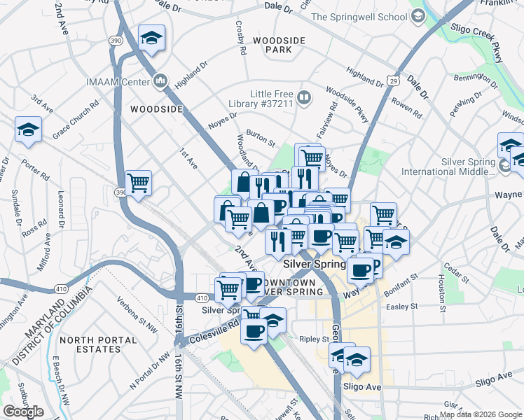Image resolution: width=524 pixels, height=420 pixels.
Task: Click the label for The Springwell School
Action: click(x=359, y=17)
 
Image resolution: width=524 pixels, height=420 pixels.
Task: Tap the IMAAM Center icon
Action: click(x=161, y=82)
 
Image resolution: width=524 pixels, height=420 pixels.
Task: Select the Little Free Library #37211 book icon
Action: click(x=304, y=98)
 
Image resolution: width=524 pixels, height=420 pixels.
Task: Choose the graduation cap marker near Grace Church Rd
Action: click(x=28, y=129)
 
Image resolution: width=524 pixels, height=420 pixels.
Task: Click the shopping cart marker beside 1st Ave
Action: click(x=139, y=183)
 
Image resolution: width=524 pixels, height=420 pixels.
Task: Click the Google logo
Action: click(x=23, y=411)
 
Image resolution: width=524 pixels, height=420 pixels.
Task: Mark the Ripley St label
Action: click(x=315, y=339)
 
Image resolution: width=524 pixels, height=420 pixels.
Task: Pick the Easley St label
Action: click(x=401, y=307)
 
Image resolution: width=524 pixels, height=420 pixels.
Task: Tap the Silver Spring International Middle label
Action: click(x=468, y=167)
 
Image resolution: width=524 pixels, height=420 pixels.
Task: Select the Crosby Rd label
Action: click(x=240, y=40)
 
